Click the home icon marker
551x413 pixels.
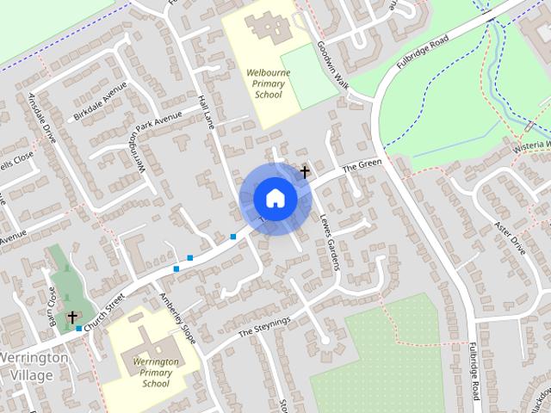tap(275, 198)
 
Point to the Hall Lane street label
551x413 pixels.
tap(207, 113)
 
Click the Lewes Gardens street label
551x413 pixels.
tap(331, 242)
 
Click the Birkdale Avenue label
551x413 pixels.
tap(101, 103)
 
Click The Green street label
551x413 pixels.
tap(362, 166)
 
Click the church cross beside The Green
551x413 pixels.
tap(305, 172)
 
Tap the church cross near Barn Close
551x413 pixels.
tap(72, 317)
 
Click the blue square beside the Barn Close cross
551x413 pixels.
tap(79, 328)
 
